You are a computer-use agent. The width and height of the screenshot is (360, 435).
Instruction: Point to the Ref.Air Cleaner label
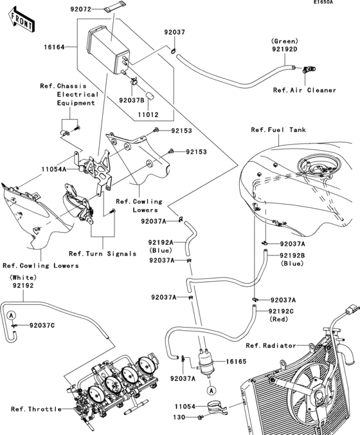tap(304, 90)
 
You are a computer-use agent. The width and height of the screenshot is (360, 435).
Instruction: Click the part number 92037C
tap(41, 325)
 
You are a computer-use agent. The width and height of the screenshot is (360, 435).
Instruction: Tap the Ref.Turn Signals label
tap(103, 254)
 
